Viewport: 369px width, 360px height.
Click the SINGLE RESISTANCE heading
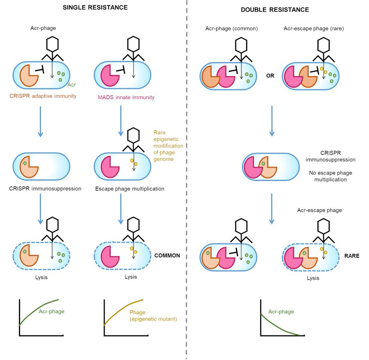tap(95, 8)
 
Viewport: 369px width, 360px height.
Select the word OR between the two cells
tap(270, 76)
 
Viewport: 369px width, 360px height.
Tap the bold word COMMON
tap(167, 256)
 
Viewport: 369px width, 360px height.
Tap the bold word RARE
tap(352, 256)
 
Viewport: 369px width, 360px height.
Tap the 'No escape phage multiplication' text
tap(330, 176)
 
